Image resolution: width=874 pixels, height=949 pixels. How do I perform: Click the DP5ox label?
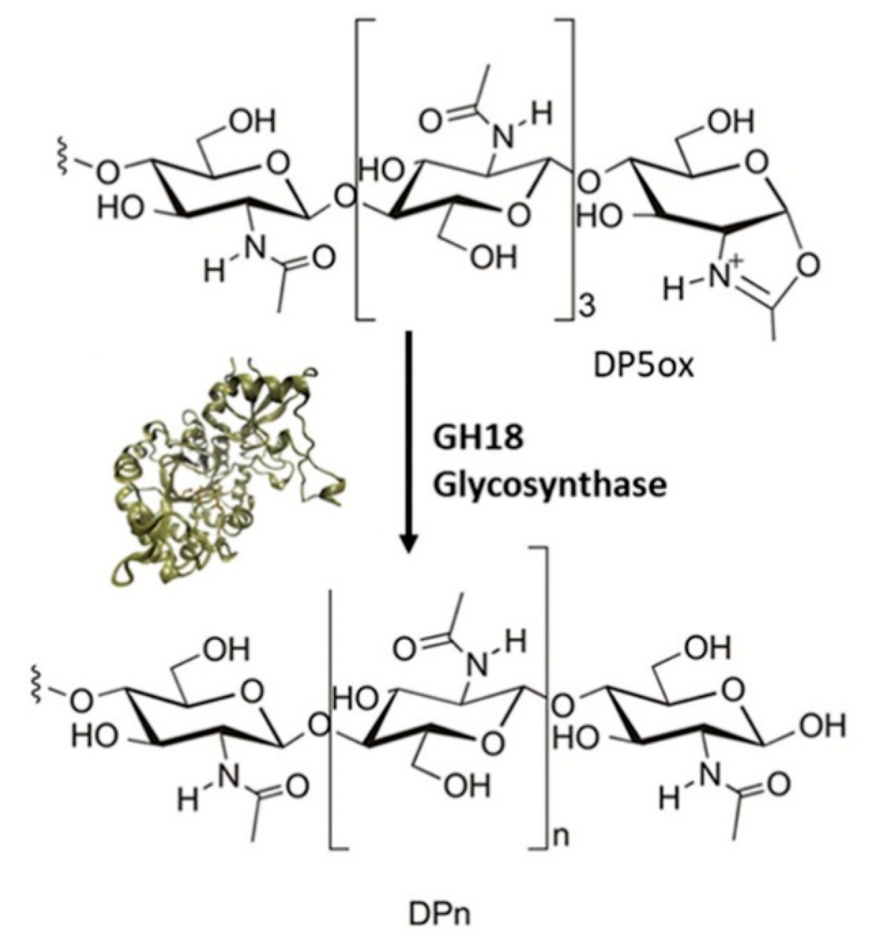(643, 367)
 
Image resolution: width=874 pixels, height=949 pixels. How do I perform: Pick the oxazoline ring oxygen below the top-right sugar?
(809, 264)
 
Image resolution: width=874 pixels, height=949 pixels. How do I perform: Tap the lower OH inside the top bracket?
(493, 258)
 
